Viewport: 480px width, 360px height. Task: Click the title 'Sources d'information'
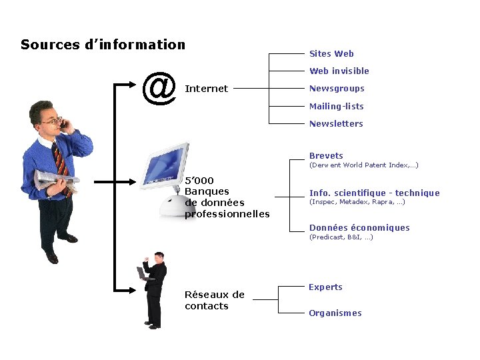click(103, 45)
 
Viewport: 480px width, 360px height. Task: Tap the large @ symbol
click(159, 89)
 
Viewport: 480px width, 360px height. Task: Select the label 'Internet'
click(206, 89)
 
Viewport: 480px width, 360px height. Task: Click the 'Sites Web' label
click(331, 54)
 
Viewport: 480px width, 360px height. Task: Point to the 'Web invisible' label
click(339, 71)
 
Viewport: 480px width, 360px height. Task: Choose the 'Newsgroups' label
click(337, 89)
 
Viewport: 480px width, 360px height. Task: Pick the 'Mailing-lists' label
click(336, 106)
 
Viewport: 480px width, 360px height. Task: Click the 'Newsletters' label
click(336, 123)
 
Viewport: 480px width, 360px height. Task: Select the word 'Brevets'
click(326, 156)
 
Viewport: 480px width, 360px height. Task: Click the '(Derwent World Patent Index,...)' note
click(363, 165)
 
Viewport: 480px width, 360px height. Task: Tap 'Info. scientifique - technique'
click(374, 193)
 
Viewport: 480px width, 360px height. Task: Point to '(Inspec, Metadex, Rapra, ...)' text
click(357, 202)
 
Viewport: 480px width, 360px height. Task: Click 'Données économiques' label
click(359, 228)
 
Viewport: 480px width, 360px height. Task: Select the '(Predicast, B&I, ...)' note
click(341, 237)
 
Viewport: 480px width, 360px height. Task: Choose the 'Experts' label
click(325, 287)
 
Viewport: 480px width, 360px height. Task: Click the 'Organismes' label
click(335, 313)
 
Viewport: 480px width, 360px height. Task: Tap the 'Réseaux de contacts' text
click(214, 300)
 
